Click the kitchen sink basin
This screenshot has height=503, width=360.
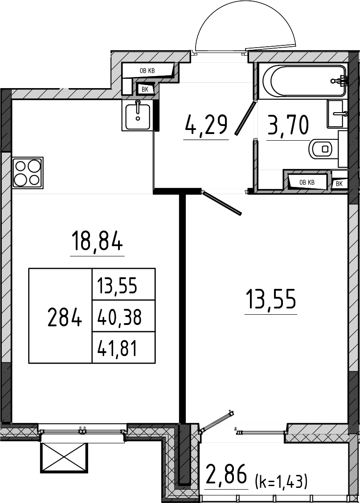(137, 115)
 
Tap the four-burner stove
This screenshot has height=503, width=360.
(28, 173)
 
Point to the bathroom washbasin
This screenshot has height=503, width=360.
(335, 114)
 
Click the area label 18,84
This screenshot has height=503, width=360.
(97, 242)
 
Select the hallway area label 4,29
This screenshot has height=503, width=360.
(206, 126)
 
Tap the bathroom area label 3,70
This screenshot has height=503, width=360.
(288, 125)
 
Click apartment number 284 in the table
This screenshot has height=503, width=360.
(64, 317)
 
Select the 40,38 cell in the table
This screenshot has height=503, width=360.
(119, 317)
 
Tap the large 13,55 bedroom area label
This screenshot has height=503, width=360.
(271, 299)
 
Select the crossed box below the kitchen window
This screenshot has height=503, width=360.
(64, 458)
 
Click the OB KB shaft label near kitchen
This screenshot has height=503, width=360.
(147, 71)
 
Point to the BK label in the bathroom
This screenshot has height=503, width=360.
(339, 184)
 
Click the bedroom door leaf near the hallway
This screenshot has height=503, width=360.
(221, 203)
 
